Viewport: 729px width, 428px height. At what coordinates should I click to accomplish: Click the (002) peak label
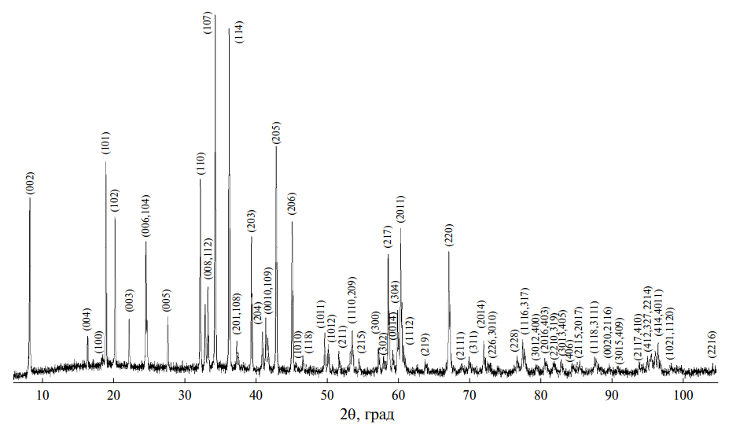31,183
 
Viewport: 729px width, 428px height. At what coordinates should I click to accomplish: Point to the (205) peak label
276,132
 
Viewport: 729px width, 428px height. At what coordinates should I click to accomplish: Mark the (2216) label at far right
712,344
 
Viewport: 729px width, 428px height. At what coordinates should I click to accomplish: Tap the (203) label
252,220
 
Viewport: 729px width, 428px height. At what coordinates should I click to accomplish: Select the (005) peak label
167,302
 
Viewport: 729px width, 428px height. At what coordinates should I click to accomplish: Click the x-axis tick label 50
327,393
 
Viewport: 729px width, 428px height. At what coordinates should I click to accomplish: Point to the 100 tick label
682,393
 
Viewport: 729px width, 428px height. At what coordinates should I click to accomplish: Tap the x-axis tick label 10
42,393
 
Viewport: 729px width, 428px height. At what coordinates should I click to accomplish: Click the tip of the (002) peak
30,198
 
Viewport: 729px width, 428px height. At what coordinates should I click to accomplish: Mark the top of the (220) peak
449,251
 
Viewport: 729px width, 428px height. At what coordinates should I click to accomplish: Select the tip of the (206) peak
292,222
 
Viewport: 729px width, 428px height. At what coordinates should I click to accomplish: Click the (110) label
201,164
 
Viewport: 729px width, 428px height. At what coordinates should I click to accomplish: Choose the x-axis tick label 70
469,393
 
